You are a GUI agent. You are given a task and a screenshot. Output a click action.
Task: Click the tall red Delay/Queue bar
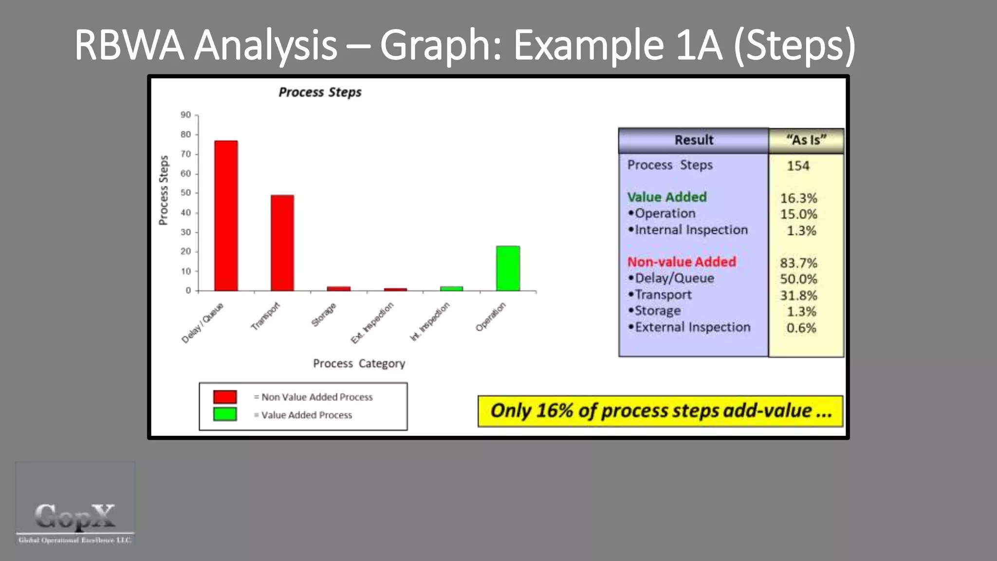[226, 216]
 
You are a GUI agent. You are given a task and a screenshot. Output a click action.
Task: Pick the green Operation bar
[508, 268]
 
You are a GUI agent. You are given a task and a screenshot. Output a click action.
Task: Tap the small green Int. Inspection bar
[451, 289]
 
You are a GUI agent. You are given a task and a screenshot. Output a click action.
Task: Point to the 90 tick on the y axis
[186, 115]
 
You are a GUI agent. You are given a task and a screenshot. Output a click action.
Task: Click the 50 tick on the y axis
[186, 193]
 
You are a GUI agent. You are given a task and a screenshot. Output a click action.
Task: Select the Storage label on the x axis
[324, 315]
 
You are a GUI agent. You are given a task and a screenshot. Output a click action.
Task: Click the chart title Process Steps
[320, 92]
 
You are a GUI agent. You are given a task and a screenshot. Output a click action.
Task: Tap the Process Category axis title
[359, 363]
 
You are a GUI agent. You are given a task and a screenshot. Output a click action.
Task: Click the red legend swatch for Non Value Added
[225, 396]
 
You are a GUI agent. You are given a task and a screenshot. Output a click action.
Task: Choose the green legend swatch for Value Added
[225, 414]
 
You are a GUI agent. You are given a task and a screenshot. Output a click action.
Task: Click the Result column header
[694, 140]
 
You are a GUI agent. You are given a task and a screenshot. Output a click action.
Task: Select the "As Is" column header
[806, 140]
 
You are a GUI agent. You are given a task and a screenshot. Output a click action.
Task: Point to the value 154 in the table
[798, 166]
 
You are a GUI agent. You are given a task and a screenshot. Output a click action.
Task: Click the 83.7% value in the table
[798, 263]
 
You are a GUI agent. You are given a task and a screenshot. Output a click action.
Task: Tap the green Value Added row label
[666, 197]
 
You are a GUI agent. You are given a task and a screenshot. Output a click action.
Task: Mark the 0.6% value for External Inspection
[801, 328]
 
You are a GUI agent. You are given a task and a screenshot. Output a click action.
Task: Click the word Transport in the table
[663, 295]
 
